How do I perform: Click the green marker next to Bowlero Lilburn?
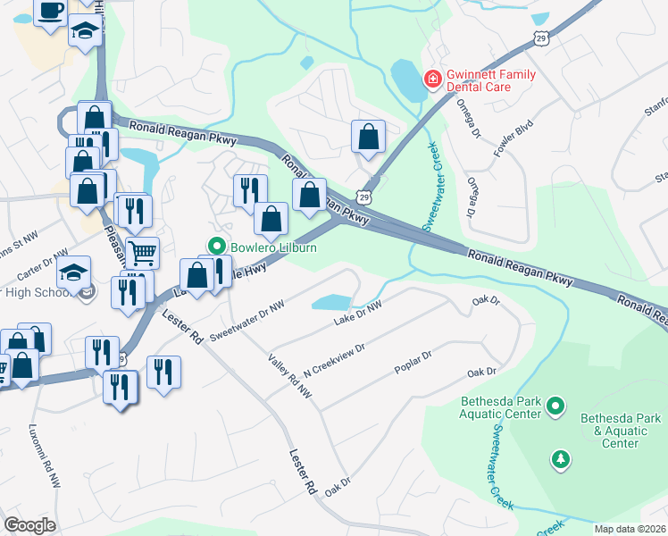(215, 246)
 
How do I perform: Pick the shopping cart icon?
(142, 254)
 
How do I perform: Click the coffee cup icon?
(51, 11)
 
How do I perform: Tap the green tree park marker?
(560, 458)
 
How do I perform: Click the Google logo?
(29, 525)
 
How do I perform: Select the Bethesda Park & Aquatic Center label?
(621, 431)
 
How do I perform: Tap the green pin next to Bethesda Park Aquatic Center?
(555, 406)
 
